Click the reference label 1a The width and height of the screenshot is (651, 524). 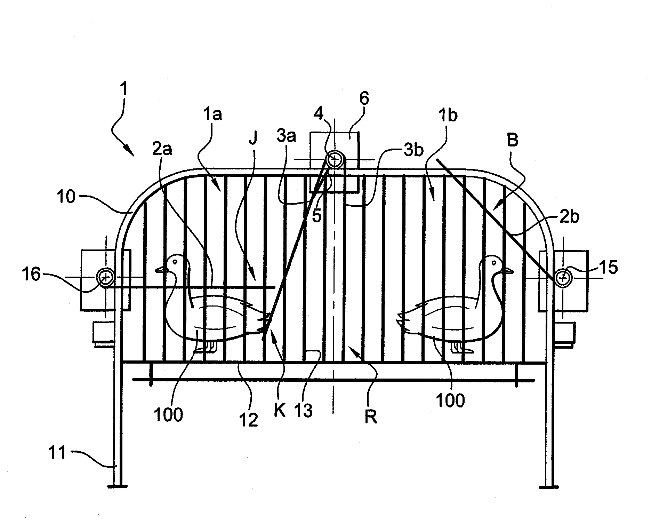point(212,114)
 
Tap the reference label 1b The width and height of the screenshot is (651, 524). point(448,115)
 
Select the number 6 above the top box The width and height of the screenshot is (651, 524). point(364,98)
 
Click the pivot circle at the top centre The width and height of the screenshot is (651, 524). point(335,160)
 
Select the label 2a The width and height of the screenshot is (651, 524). point(162,150)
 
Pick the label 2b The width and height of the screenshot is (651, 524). point(569,217)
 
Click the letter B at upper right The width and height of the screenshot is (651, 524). point(512,140)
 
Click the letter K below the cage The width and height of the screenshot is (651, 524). point(279,410)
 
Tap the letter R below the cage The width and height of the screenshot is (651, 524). point(370,416)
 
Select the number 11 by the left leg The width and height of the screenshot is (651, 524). point(57,453)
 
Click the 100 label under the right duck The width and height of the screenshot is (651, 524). point(450,400)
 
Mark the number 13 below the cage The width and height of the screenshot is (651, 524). point(303,411)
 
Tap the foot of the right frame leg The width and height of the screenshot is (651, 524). point(549,486)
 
